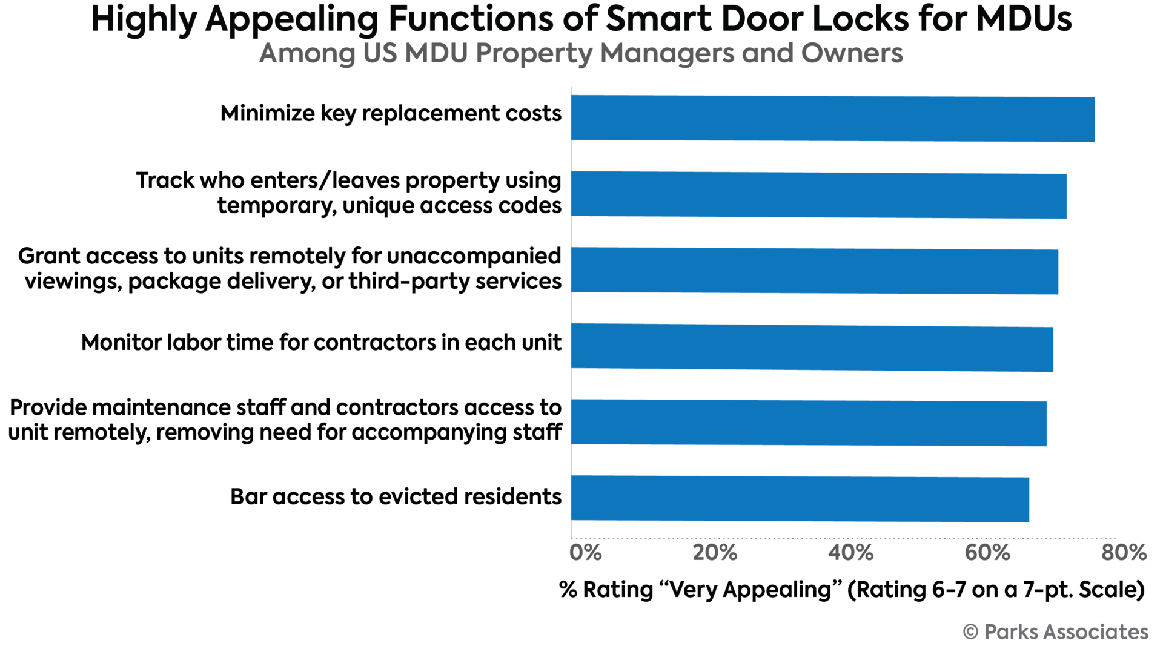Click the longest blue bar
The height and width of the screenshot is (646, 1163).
pyautogui.click(x=833, y=119)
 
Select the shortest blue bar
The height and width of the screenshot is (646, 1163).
pyautogui.click(x=800, y=499)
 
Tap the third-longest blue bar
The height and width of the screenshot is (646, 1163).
pyautogui.click(x=815, y=271)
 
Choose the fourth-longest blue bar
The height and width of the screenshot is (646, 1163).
pyautogui.click(x=812, y=347)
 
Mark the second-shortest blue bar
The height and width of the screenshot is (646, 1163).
pyautogui.click(x=809, y=423)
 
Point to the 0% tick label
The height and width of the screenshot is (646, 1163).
pyautogui.click(x=586, y=553)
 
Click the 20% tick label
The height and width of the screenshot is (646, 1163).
pyautogui.click(x=715, y=553)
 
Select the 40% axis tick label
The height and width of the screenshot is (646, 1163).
pyautogui.click(x=851, y=553)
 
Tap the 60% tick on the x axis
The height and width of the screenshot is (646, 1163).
pyautogui.click(x=987, y=553)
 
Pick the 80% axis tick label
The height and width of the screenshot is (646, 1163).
pyautogui.click(x=1124, y=553)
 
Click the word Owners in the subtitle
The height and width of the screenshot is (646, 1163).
pyautogui.click(x=852, y=53)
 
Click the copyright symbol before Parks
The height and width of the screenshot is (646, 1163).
pyautogui.click(x=970, y=632)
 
